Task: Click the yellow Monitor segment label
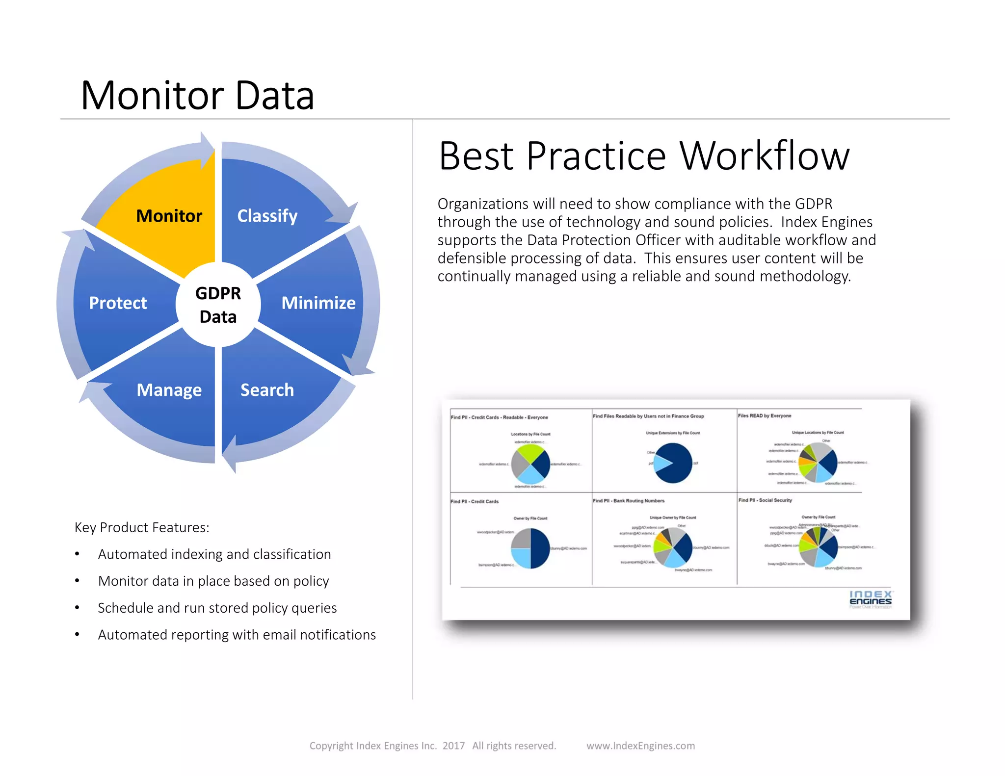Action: click(169, 216)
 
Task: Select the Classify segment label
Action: click(267, 216)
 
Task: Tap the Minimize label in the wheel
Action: click(318, 303)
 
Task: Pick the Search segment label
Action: click(267, 390)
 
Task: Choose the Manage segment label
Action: click(169, 390)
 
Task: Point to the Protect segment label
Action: click(118, 303)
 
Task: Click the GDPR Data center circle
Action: click(218, 305)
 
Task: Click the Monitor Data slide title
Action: click(197, 95)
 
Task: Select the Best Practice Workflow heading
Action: click(644, 156)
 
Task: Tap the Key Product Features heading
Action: click(142, 527)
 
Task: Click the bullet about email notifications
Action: click(237, 635)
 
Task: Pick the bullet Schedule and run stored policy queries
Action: click(217, 608)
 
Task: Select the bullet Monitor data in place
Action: click(213, 581)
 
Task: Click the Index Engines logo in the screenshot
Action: click(871, 599)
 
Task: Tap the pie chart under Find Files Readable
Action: click(673, 463)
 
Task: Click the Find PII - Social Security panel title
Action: click(765, 500)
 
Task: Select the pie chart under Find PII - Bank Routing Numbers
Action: click(673, 547)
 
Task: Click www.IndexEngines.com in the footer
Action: click(640, 746)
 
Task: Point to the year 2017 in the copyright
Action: click(453, 746)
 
